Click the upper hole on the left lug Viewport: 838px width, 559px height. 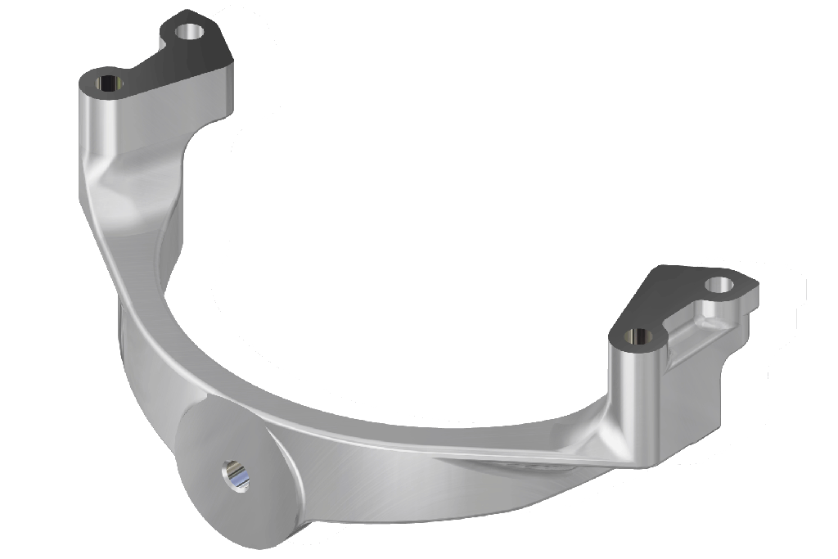(x=190, y=32)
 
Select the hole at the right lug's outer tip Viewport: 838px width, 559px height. (x=720, y=285)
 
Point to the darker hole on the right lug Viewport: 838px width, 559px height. (x=638, y=336)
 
